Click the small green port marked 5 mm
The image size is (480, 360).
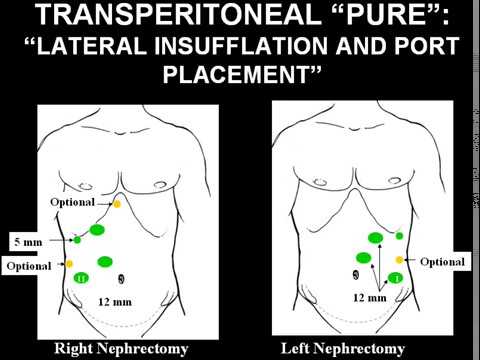click(77, 240)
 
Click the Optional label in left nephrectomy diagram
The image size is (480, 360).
click(443, 261)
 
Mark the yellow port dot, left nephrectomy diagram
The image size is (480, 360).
click(399, 259)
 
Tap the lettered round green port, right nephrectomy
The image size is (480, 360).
click(81, 277)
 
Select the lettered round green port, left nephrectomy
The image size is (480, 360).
click(395, 276)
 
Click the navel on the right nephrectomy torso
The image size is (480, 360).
click(121, 277)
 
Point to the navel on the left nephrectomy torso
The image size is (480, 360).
click(355, 272)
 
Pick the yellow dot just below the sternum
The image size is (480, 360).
click(116, 204)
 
